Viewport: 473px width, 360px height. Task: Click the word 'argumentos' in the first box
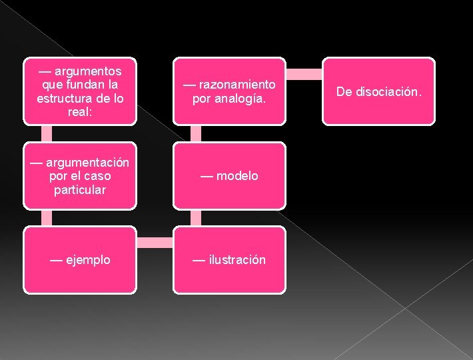click(x=88, y=71)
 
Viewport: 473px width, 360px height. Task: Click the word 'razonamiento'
click(x=236, y=85)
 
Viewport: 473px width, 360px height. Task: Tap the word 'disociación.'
click(x=388, y=91)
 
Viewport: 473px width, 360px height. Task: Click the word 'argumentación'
click(x=87, y=163)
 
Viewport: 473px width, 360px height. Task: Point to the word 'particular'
click(x=80, y=189)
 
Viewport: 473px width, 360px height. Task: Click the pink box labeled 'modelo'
click(x=229, y=176)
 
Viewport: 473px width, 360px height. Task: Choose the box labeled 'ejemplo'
click(x=80, y=260)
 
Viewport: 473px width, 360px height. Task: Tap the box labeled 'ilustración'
click(x=229, y=260)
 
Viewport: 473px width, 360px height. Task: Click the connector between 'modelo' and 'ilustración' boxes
click(x=196, y=217)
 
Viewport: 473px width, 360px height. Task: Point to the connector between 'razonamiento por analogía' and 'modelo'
click(x=196, y=133)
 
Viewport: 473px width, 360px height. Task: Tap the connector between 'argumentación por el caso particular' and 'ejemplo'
click(x=47, y=217)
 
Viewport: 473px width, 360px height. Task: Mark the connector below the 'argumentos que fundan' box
click(x=47, y=133)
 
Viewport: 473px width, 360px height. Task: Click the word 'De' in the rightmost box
click(x=344, y=91)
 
